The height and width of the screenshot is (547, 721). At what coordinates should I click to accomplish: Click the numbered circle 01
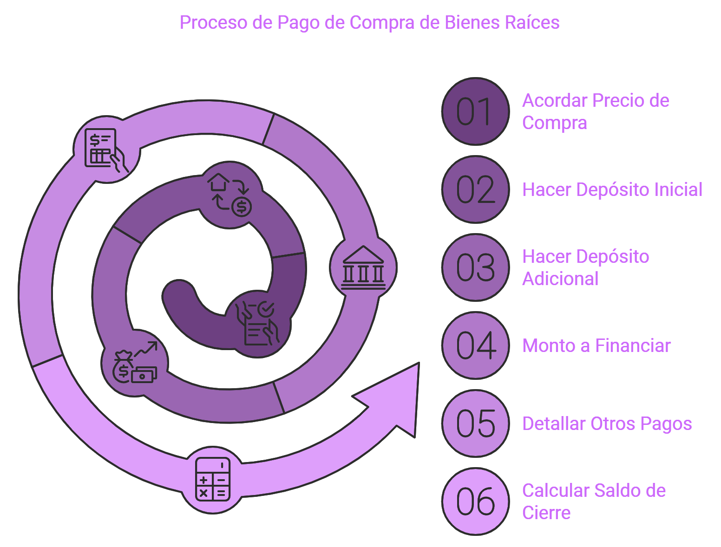(x=475, y=111)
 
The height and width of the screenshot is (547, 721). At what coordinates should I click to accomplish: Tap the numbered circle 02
(x=475, y=189)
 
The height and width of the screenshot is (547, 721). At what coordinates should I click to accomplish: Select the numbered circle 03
(x=475, y=267)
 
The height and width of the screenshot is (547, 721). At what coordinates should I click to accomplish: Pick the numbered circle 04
(x=475, y=345)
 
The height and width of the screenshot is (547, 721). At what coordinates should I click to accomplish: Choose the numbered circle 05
(x=475, y=423)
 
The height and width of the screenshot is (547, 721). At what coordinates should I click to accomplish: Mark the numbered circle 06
(x=475, y=501)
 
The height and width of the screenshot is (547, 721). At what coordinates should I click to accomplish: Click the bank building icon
(x=363, y=267)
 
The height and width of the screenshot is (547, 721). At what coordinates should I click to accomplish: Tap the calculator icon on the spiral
(x=212, y=479)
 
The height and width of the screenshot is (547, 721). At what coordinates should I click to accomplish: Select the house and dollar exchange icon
(x=229, y=195)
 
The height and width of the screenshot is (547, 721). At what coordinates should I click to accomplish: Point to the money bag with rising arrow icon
(x=135, y=362)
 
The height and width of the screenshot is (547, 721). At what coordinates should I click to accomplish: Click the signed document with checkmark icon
(x=257, y=323)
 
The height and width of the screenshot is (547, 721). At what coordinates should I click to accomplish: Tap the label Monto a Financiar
(x=596, y=345)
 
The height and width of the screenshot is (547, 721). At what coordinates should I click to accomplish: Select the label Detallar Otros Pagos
(x=607, y=423)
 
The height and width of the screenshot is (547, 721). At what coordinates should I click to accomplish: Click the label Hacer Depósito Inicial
(x=612, y=189)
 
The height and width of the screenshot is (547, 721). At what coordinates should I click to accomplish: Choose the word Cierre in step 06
(x=546, y=513)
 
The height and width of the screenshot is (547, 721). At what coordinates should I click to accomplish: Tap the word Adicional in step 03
(x=560, y=279)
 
